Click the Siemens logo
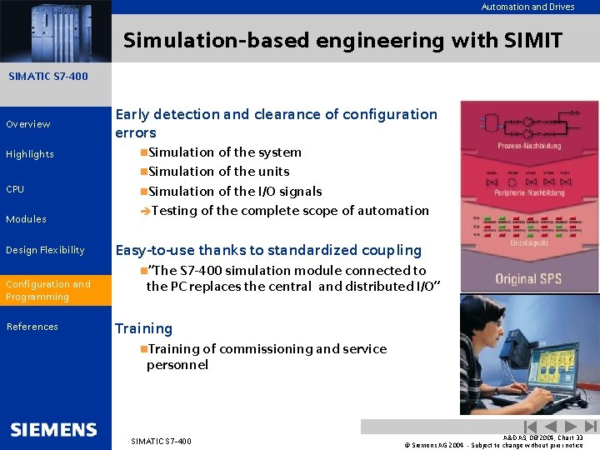coord(54,429)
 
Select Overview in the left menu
coord(28,124)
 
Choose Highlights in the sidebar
coord(30,154)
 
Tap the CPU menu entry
coord(15,189)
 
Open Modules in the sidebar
coord(27,219)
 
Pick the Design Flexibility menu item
coord(45,250)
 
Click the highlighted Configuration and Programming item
coord(48,290)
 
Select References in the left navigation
coord(32,327)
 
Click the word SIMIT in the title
coord(531,40)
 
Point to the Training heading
coord(143,328)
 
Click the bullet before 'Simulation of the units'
coord(143,172)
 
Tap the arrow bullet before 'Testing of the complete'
coord(145,211)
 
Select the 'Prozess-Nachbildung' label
coord(529,145)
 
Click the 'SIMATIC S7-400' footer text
coord(161,441)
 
